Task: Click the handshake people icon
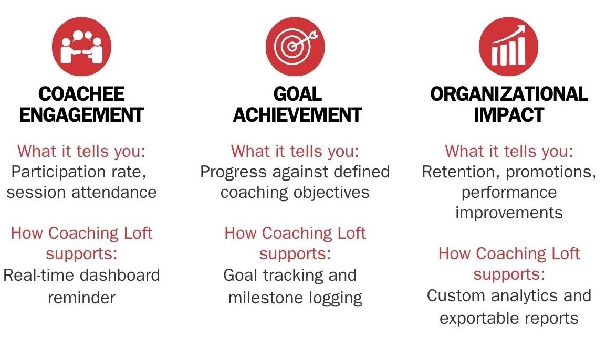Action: coord(81,47)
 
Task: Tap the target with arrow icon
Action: coord(295,47)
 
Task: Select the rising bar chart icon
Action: coord(509,47)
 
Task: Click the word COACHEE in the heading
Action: coord(81,94)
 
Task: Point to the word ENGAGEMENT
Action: coord(81,115)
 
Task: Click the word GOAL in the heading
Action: coord(297,94)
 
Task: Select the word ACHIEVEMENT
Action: coord(297,115)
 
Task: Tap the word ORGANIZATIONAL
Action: coord(509,94)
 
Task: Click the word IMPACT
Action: coord(509,115)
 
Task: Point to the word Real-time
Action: coord(38,275)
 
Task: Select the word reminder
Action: coord(81,298)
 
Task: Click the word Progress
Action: coord(234,172)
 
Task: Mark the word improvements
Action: coord(509,213)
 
